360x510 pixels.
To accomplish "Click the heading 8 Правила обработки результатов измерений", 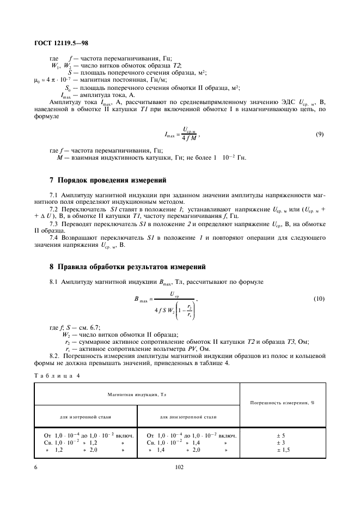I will (x=127, y=266).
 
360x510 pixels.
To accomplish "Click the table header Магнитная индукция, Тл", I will (x=137, y=394).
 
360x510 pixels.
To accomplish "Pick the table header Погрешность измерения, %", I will (x=283, y=404).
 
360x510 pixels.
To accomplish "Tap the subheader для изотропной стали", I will (x=86, y=416).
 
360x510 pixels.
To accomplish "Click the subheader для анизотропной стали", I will (x=188, y=416).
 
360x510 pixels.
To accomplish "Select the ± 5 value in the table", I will (x=281, y=436).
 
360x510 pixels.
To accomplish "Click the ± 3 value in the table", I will (x=281, y=443).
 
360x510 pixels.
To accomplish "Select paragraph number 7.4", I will (x=54, y=238).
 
